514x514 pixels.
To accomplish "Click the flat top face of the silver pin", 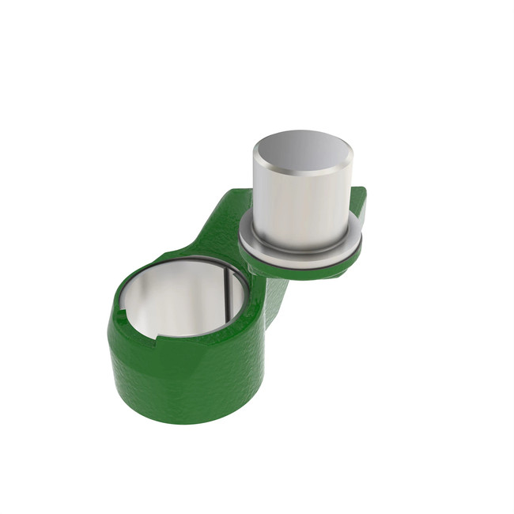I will (x=301, y=152).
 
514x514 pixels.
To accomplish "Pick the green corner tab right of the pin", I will (x=359, y=201).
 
